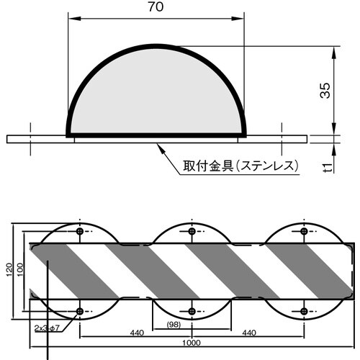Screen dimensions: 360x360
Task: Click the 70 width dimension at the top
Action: (x=156, y=9)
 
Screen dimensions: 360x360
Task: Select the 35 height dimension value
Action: (x=326, y=89)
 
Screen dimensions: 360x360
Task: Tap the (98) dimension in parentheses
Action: (x=172, y=325)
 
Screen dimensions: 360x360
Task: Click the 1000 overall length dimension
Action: (x=191, y=344)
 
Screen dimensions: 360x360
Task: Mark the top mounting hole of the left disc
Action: (x=79, y=231)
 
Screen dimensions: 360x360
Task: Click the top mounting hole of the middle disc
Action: (x=192, y=231)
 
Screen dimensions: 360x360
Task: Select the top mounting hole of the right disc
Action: (x=304, y=231)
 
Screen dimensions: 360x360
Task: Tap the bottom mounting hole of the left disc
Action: (x=79, y=311)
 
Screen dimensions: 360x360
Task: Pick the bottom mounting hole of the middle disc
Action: (x=192, y=311)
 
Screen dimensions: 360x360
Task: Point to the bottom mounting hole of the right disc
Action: (x=304, y=311)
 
